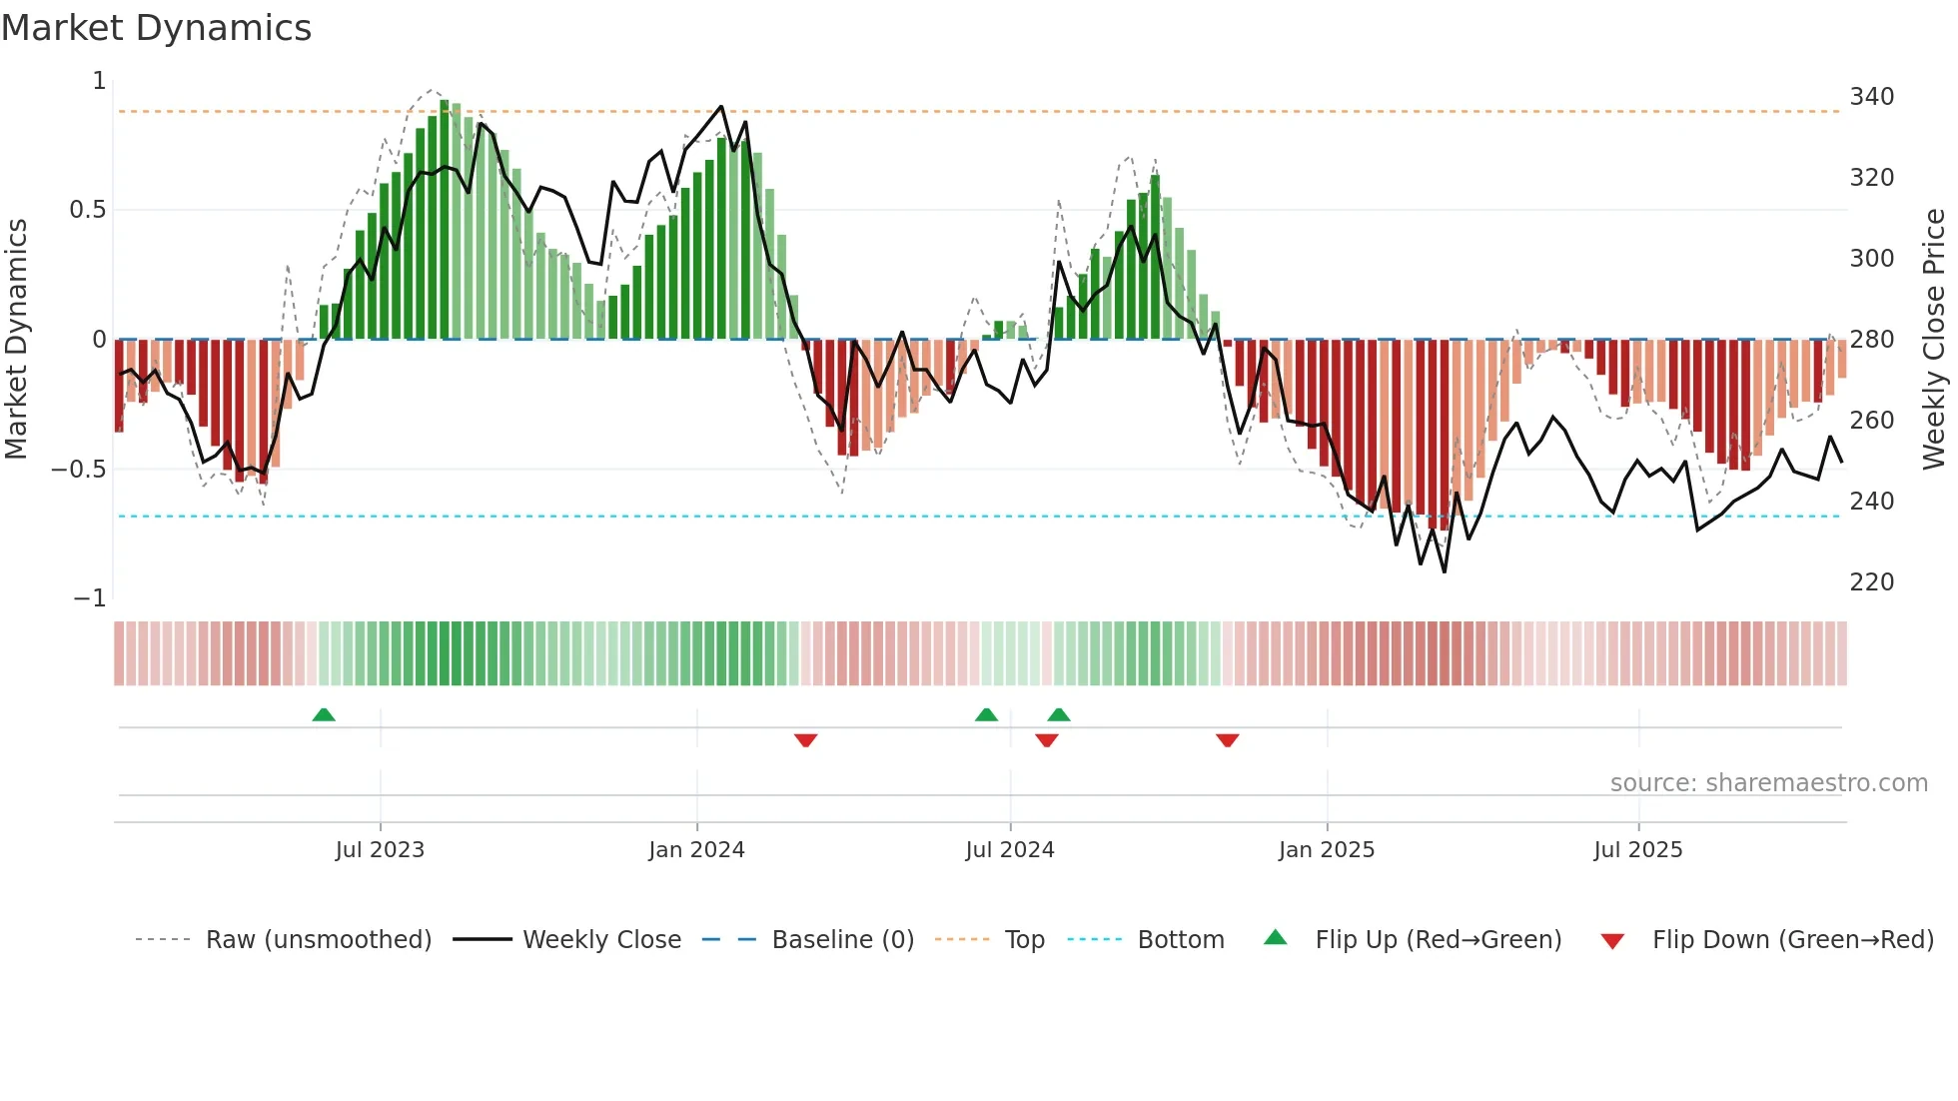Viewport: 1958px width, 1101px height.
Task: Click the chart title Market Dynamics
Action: (156, 28)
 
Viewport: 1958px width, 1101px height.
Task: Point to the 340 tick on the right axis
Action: (1871, 97)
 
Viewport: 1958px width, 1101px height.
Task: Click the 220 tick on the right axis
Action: (1871, 582)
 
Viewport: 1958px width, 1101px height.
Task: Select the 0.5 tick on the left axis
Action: (87, 210)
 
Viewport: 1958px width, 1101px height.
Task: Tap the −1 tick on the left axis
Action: (89, 598)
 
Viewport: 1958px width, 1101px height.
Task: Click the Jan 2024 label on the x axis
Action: (696, 850)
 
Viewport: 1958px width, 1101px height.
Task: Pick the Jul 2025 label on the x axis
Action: (1637, 850)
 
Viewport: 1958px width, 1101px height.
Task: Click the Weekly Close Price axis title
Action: (1934, 340)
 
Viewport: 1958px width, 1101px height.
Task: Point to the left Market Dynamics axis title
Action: (16, 340)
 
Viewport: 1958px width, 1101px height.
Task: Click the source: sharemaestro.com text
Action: (1768, 783)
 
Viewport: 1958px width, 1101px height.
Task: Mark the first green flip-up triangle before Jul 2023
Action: (324, 714)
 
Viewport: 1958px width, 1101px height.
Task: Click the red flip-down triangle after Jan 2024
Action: (806, 740)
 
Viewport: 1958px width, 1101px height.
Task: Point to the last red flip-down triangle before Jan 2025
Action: (1228, 740)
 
